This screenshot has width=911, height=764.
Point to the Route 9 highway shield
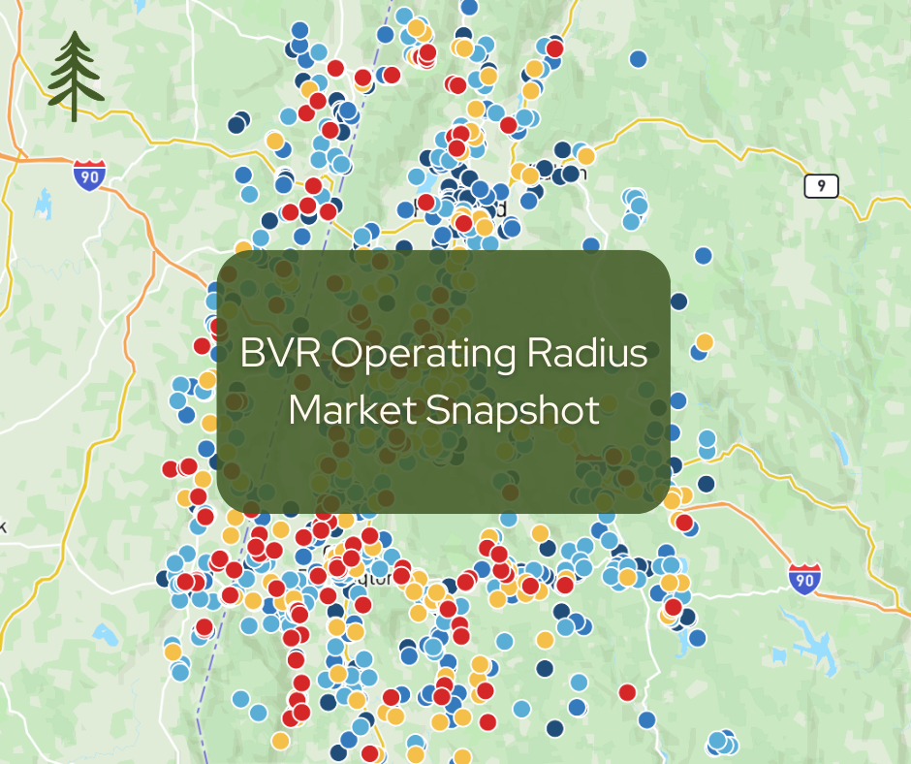821,186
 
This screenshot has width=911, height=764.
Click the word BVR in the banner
279,355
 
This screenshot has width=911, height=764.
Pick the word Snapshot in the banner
514,411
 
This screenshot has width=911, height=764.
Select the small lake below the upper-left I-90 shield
43,204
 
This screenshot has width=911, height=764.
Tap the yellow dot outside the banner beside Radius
705,342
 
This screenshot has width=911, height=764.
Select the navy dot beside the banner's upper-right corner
678,302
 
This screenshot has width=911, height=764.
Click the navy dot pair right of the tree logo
237,123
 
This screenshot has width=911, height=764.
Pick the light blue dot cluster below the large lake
719,743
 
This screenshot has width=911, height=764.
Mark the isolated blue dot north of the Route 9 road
638,59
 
